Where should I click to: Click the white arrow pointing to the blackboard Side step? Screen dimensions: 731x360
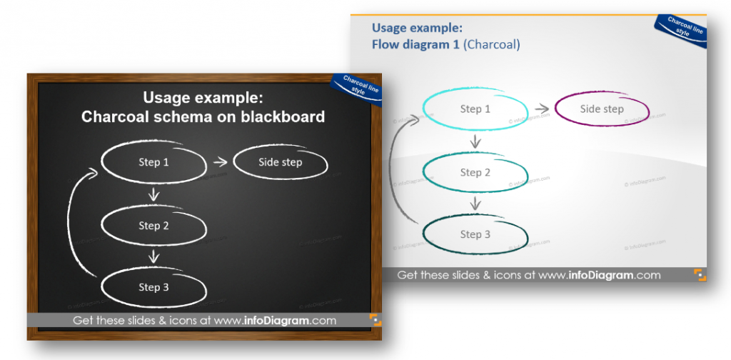coord(220,162)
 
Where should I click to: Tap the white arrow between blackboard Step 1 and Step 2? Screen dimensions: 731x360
coord(153,194)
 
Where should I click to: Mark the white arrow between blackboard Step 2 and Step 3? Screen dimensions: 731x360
coord(153,256)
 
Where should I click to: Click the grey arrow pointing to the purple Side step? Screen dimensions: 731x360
coord(542,109)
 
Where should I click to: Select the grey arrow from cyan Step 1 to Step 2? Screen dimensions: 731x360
coord(475,141)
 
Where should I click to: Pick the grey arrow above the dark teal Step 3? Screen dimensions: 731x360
coord(475,203)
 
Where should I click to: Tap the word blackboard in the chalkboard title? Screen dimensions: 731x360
coord(283,116)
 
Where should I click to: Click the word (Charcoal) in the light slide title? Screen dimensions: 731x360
coord(493,44)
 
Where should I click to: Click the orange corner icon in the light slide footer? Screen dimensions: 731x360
coord(700,275)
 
